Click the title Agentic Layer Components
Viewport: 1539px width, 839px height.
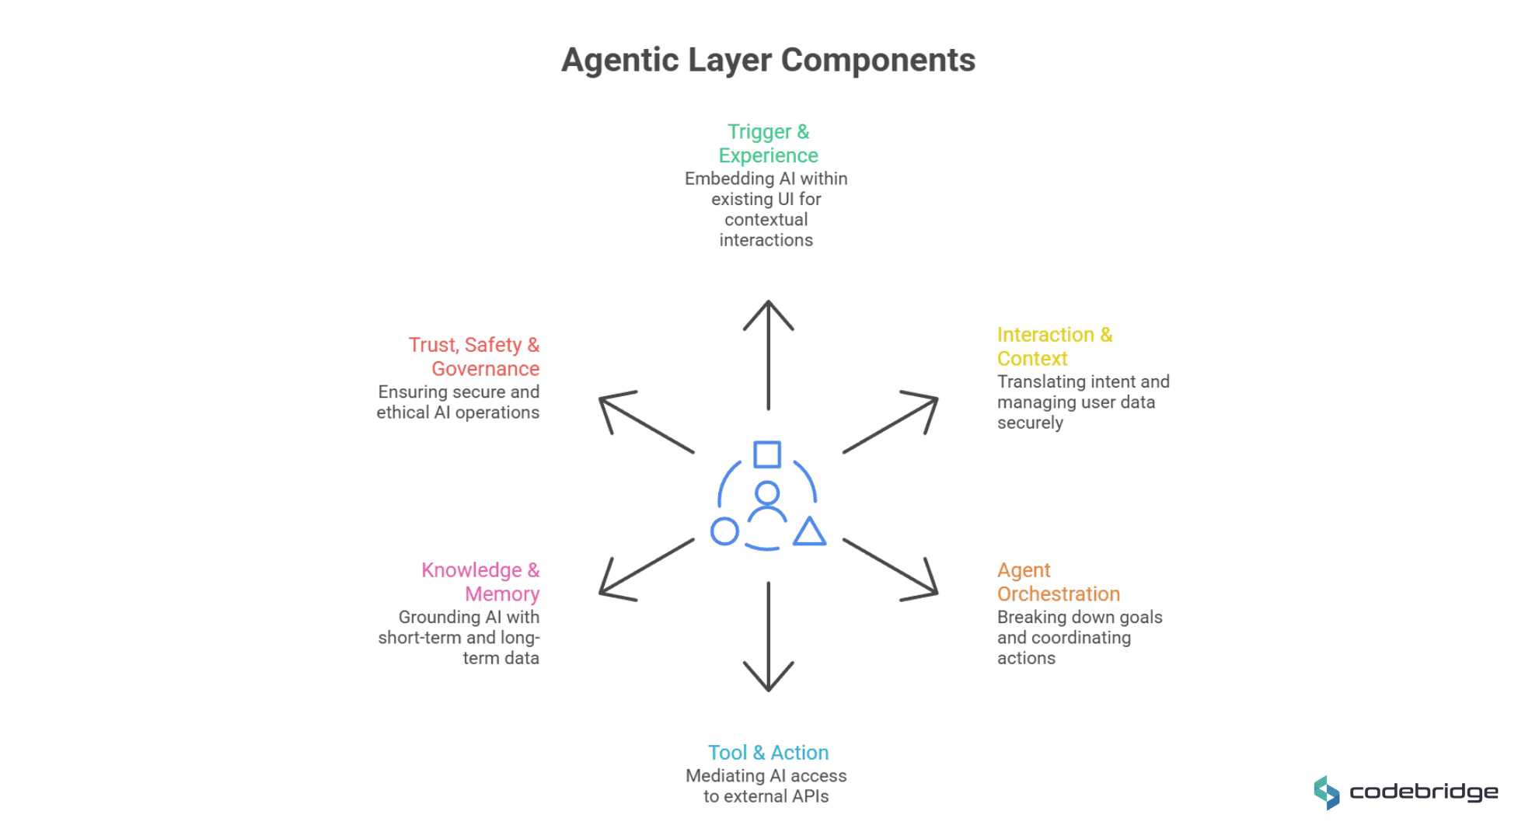[x=768, y=60]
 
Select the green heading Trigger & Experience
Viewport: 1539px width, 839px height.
[x=768, y=144]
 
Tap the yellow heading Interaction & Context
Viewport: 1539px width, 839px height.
[x=1054, y=346]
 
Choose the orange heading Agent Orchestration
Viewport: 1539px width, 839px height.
[x=1058, y=582]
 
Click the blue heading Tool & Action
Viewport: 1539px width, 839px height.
[x=768, y=753]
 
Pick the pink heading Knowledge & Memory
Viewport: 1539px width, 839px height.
[x=480, y=582]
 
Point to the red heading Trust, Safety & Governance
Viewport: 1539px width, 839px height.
[x=474, y=357]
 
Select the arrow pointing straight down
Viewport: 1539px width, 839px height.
[x=768, y=637]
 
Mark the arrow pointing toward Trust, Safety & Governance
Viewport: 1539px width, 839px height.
[x=645, y=424]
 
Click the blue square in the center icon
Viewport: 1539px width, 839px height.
[x=767, y=454]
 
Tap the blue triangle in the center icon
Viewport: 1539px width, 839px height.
[x=809, y=532]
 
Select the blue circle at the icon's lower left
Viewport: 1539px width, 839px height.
[x=724, y=532]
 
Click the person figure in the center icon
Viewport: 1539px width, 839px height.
[x=767, y=503]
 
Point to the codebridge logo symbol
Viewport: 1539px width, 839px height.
[x=1327, y=792]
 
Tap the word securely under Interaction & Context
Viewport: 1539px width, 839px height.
[x=1030, y=423]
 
